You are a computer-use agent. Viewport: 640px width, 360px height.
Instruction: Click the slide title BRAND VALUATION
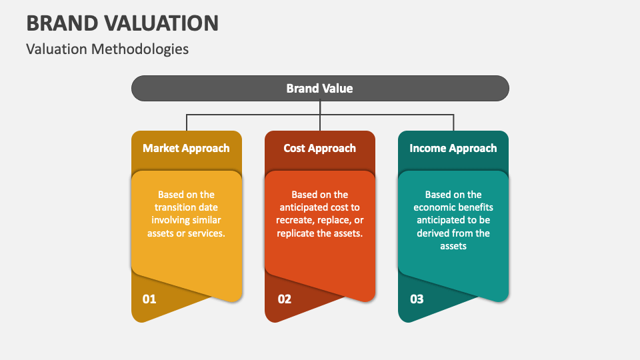pos(122,23)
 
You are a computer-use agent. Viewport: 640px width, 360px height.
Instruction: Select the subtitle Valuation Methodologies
pos(107,49)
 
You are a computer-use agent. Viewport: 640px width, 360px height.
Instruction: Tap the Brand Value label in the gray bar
pos(319,88)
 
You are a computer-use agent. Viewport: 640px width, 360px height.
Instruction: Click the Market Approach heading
pos(186,148)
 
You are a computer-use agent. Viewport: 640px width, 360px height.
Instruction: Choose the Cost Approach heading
pos(319,148)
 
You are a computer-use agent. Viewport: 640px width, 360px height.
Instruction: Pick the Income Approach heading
pos(453,148)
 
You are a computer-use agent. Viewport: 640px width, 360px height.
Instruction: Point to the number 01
pos(149,299)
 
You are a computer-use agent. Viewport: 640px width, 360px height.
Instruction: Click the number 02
pos(285,299)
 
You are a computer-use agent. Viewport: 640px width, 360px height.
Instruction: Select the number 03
pos(417,299)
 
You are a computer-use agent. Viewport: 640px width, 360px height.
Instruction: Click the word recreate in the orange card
pos(297,220)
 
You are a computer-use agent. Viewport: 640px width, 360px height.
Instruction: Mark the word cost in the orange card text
pos(337,207)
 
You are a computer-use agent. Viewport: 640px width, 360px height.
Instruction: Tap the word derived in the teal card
pos(439,233)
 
